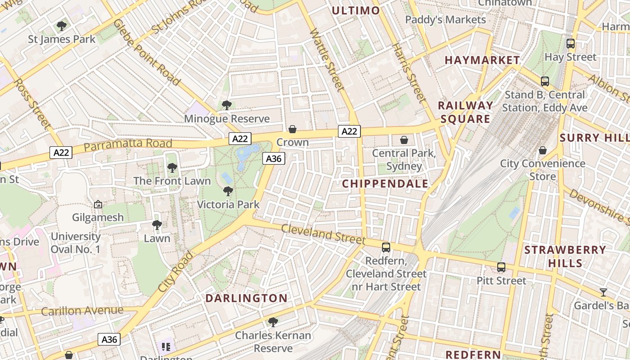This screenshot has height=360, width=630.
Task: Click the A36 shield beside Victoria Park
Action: [x=274, y=158]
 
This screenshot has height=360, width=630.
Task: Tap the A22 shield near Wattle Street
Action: [x=349, y=131]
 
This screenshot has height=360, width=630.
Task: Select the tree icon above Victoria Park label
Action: [x=228, y=191]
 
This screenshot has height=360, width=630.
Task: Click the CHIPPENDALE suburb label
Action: [x=386, y=184]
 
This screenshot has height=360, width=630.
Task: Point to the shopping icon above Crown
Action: [x=292, y=130]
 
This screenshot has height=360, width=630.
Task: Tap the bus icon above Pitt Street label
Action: [x=501, y=267]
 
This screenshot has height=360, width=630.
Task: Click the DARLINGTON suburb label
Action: [x=247, y=298]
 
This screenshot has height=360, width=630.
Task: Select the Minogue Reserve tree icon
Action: [x=226, y=105]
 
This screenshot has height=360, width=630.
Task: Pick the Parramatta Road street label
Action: [x=128, y=144]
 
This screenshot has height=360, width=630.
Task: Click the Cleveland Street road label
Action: [x=324, y=233]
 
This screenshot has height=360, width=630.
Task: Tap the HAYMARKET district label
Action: [x=482, y=60]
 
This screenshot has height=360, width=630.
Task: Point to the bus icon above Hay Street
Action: [x=571, y=44]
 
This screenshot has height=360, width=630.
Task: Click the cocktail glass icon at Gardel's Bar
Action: [x=603, y=292]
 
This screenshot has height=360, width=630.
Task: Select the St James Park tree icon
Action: [x=62, y=26]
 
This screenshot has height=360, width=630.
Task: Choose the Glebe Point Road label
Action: [x=147, y=52]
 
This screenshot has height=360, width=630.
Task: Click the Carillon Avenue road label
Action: [x=82, y=310]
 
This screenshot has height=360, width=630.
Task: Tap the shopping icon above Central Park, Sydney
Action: [x=404, y=140]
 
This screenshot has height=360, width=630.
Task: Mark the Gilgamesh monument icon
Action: [x=98, y=204]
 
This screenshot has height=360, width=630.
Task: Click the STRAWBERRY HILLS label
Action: [x=565, y=256]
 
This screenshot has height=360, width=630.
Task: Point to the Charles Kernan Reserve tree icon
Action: [x=273, y=322]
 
